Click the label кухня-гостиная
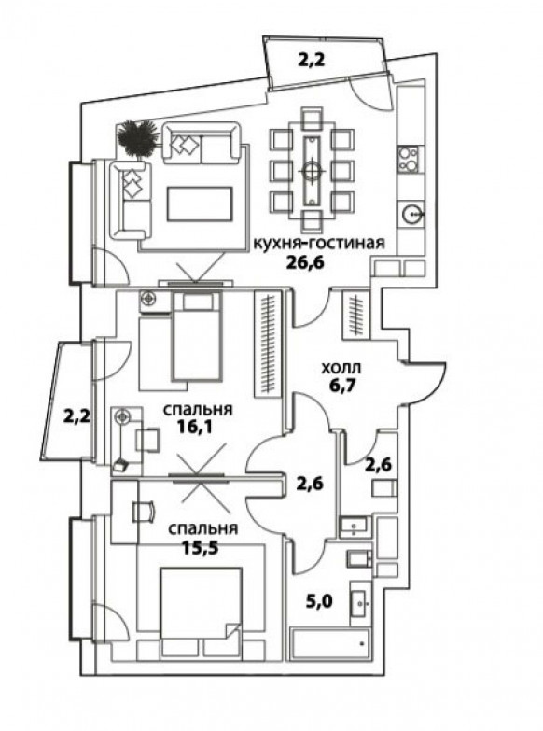[319, 244]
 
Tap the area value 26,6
[306, 263]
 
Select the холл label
[341, 368]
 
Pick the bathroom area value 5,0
[320, 602]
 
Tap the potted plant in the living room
[136, 137]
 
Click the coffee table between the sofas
[200, 204]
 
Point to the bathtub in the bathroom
[330, 644]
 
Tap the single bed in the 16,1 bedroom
[196, 337]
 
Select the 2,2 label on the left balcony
[77, 415]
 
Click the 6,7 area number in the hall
[341, 386]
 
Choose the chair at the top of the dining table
[312, 119]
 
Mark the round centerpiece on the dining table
[312, 171]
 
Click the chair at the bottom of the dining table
[312, 221]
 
